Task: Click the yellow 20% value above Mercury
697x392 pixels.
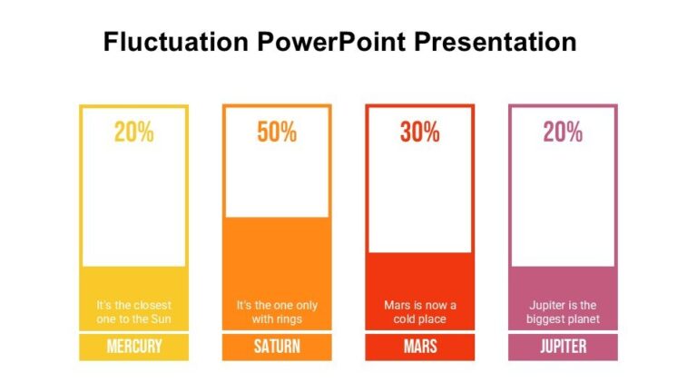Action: [x=133, y=132]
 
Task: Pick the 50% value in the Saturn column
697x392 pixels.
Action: [x=277, y=132]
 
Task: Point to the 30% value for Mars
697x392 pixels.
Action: [x=419, y=132]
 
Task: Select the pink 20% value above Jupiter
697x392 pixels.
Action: [x=563, y=132]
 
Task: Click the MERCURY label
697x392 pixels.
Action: [x=133, y=347]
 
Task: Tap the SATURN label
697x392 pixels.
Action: [x=277, y=347]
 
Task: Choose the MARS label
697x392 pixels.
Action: [x=419, y=347]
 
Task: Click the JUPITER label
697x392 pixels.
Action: [x=563, y=347]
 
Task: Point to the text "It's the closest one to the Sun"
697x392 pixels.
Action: [x=133, y=312]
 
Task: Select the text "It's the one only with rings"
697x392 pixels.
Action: [x=277, y=312]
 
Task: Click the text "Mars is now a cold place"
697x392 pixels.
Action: [x=419, y=312]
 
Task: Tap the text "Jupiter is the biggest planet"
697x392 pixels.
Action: [x=563, y=312]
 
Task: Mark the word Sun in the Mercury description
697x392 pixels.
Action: [x=160, y=319]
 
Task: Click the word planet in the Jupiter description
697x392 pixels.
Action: [x=583, y=319]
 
